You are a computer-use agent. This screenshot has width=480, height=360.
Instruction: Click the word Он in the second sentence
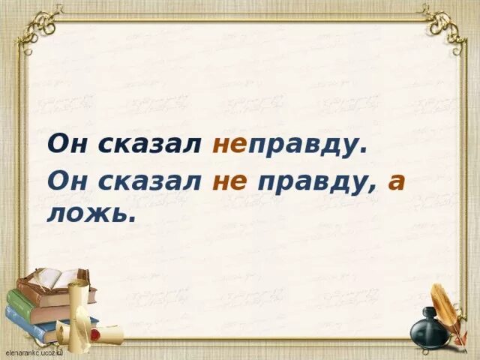[x=66, y=181]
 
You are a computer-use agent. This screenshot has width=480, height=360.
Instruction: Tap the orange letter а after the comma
[x=396, y=183]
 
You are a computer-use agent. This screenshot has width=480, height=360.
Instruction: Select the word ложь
[x=91, y=215]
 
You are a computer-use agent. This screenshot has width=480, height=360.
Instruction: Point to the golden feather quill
[x=446, y=307]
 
